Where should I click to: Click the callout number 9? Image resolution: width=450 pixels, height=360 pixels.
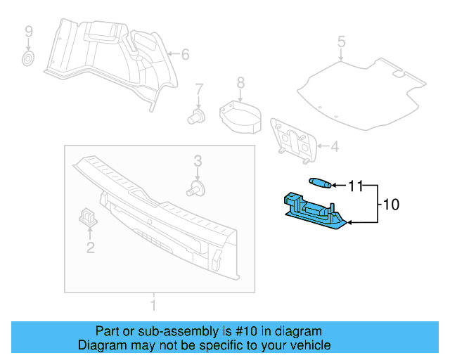(29, 31)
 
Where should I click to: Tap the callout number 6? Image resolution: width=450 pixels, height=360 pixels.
(185, 54)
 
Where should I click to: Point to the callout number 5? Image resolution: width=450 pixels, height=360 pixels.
(341, 42)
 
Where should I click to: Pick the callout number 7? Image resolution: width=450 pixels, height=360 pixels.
(199, 89)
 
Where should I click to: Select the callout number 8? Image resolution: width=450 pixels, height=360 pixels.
(240, 83)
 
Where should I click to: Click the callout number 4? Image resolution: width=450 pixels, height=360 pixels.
(334, 147)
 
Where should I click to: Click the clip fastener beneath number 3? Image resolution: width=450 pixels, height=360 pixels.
(197, 188)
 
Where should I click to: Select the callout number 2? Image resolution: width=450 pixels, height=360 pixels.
(90, 247)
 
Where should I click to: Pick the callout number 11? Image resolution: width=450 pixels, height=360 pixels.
(356, 186)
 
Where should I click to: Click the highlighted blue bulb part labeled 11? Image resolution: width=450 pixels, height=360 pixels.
(320, 184)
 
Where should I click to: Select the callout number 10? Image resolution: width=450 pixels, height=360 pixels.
(391, 205)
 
